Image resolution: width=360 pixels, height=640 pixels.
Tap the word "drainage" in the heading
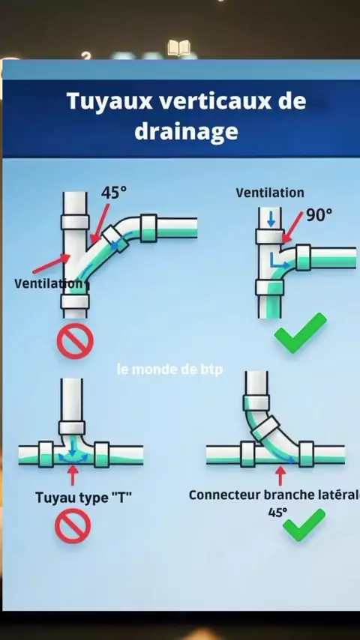pyautogui.click(x=186, y=132)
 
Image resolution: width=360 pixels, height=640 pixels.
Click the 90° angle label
pyautogui.click(x=319, y=214)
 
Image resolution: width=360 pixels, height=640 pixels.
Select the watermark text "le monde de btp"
pyautogui.click(x=169, y=369)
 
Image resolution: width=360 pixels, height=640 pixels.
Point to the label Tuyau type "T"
pyautogui.click(x=84, y=498)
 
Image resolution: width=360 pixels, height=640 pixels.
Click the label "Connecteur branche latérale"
pyautogui.click(x=274, y=495)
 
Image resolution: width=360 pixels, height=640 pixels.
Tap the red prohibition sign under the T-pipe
pyautogui.click(x=73, y=526)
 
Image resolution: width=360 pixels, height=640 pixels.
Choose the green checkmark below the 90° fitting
pyautogui.click(x=300, y=333)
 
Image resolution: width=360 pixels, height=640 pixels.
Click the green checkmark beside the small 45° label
pyautogui.click(x=304, y=525)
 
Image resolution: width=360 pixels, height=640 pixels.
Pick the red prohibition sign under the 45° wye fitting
pyautogui.click(x=75, y=341)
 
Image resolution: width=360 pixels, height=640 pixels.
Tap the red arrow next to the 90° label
pyautogui.click(x=292, y=227)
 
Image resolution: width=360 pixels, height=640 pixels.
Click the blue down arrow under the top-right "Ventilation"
pyautogui.click(x=271, y=219)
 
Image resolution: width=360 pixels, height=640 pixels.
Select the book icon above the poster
pyautogui.click(x=179, y=48)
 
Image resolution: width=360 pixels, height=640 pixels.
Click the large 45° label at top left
pyautogui.click(x=114, y=193)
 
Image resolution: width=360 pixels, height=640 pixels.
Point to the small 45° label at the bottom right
pyautogui.click(x=277, y=513)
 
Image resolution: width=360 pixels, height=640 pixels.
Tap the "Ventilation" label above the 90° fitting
pyautogui.click(x=270, y=193)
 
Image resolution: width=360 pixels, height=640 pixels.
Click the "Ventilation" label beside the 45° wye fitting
pyautogui.click(x=49, y=283)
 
